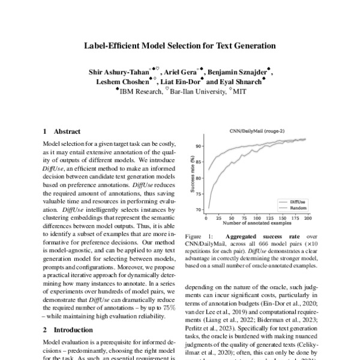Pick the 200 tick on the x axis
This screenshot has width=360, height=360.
pyautogui.click(x=308, y=218)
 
